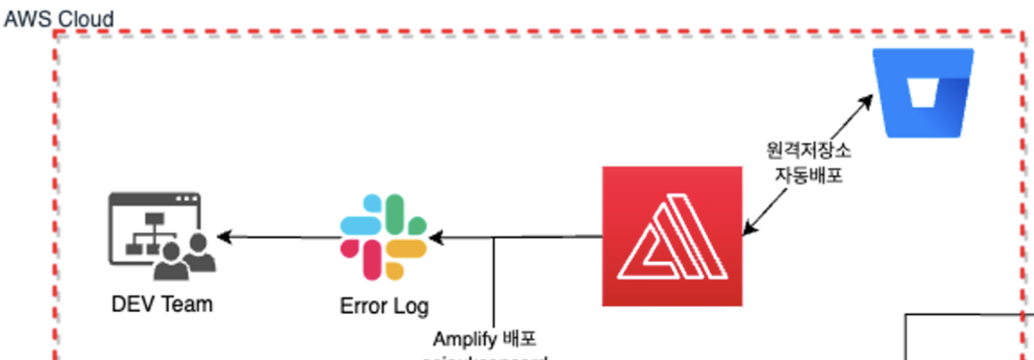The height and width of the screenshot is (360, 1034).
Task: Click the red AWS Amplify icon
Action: click(672, 236)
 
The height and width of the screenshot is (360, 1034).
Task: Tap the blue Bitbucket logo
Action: click(924, 92)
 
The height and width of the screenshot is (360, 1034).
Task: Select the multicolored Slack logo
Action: click(383, 237)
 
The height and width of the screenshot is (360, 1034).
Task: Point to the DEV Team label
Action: click(162, 304)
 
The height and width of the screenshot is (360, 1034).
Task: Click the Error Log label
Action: click(384, 305)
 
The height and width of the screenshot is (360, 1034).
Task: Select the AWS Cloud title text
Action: click(58, 19)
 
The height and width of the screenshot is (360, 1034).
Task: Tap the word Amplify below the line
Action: click(464, 339)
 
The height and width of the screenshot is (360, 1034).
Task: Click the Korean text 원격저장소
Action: click(808, 149)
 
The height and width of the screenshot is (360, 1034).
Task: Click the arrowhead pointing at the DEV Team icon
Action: click(224, 237)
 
